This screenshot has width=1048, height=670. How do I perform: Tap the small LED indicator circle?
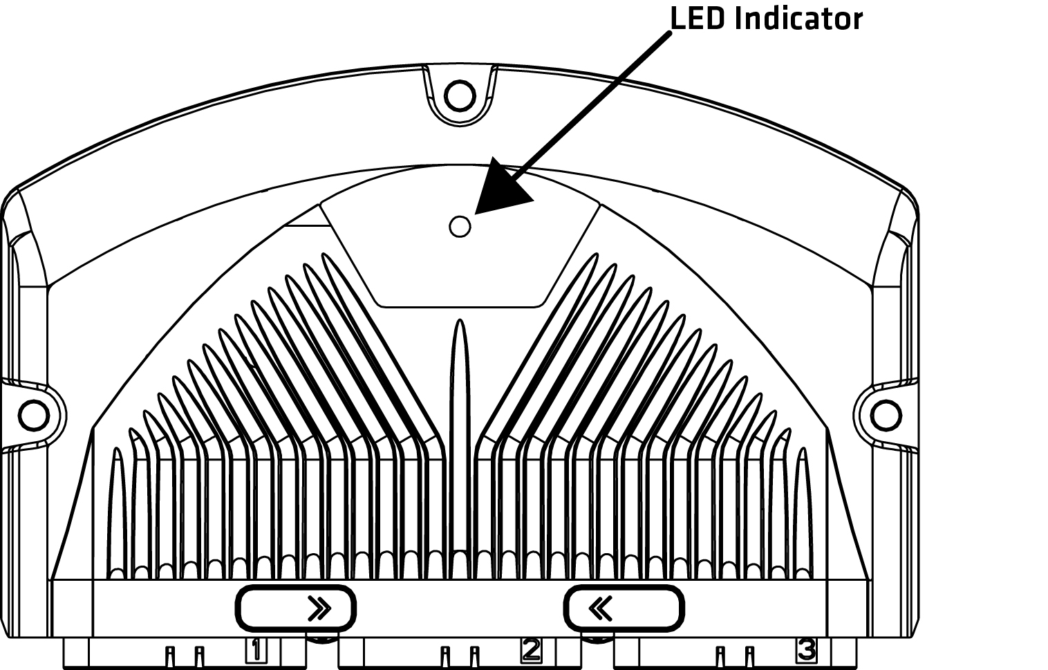click(460, 227)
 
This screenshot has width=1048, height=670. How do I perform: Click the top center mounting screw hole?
click(460, 96)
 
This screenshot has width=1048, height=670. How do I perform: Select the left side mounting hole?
click(34, 416)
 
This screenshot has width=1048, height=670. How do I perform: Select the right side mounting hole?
click(886, 416)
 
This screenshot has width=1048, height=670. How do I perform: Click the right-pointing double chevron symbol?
click(319, 608)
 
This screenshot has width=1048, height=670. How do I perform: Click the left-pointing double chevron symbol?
click(600, 608)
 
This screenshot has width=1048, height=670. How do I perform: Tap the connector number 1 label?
click(256, 651)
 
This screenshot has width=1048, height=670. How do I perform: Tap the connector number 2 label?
click(531, 651)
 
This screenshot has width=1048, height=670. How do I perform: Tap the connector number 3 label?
click(807, 651)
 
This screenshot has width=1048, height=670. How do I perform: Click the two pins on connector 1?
click(185, 657)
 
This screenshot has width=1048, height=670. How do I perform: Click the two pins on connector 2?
click(460, 657)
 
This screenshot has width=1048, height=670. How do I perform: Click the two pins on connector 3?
click(735, 657)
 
